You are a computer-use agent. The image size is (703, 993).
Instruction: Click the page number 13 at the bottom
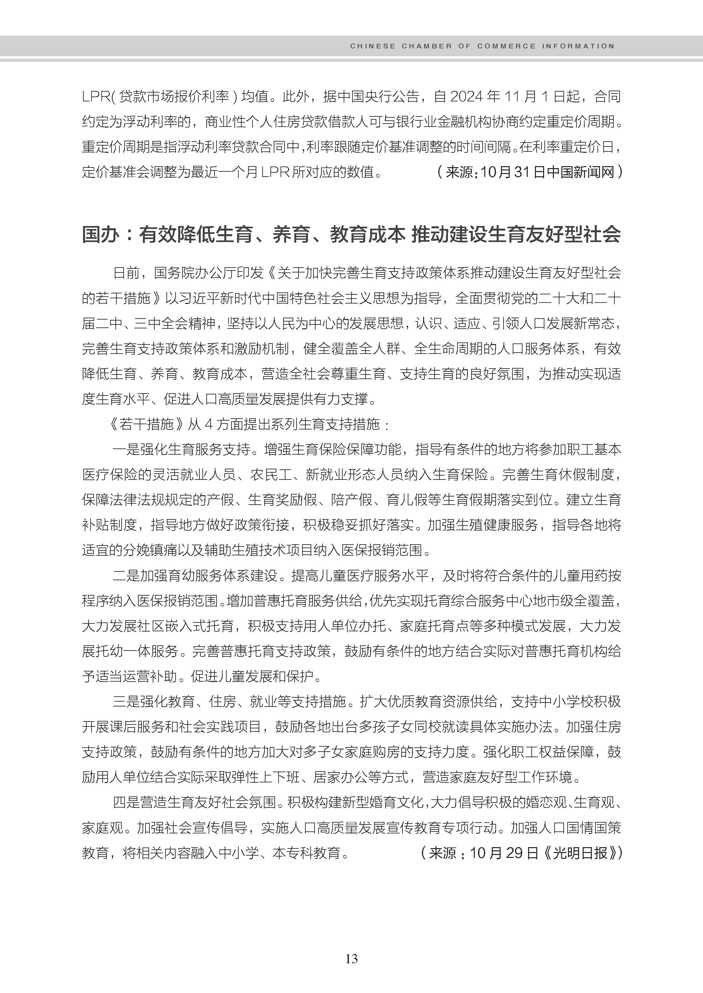tap(351, 959)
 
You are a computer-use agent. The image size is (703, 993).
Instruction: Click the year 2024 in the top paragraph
tap(467, 96)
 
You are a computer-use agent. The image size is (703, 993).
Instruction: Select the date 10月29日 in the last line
tap(504, 853)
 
